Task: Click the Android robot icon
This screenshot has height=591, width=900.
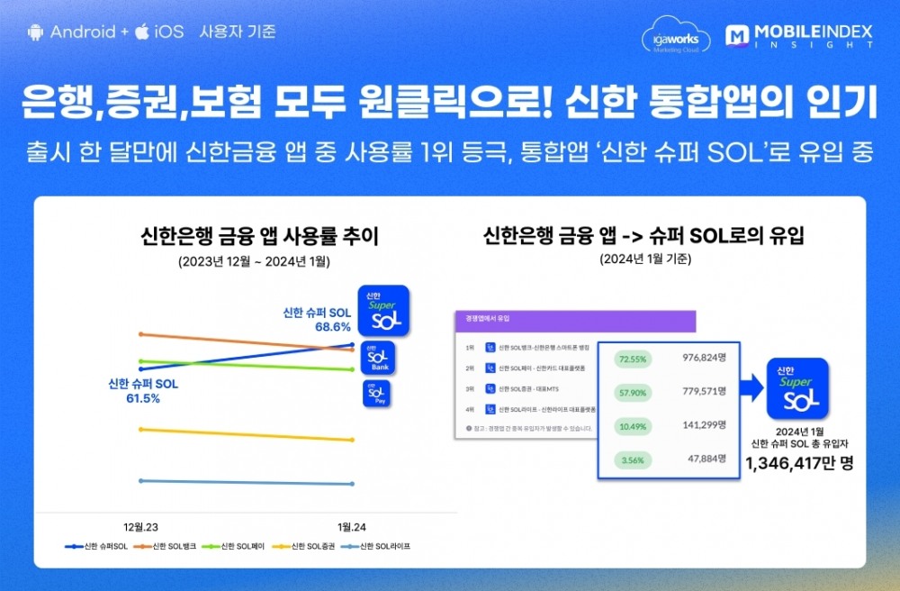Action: point(36,32)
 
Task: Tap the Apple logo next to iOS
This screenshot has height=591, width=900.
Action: point(141,32)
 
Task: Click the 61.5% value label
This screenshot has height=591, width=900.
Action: point(143,398)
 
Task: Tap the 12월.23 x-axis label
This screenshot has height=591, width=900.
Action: point(143,526)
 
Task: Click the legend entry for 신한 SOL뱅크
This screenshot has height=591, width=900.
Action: point(164,547)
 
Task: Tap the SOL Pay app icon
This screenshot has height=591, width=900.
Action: point(377,395)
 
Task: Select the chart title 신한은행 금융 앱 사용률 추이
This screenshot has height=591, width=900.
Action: point(260,237)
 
